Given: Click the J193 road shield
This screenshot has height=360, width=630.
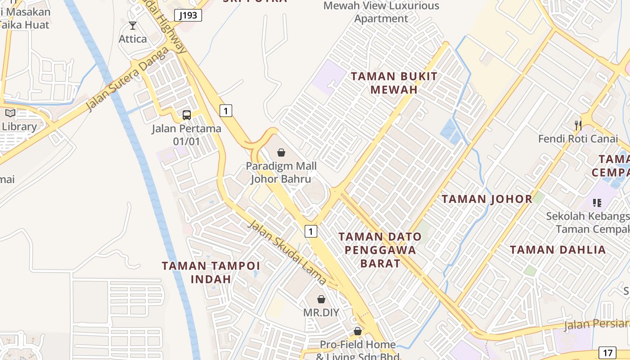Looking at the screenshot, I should click(188, 15).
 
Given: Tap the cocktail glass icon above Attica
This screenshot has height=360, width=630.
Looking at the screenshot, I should click(132, 26).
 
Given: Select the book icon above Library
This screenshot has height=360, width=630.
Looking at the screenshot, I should click(10, 113).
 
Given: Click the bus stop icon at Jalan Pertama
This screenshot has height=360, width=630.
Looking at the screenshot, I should click(187, 115).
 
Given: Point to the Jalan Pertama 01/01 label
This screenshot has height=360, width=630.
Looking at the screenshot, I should click(186, 135).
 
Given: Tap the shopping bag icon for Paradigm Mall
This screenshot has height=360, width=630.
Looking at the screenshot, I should click(281, 153).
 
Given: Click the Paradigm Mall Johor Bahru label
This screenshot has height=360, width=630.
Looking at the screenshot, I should click(281, 172).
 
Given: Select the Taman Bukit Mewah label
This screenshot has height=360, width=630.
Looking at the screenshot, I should click(394, 83).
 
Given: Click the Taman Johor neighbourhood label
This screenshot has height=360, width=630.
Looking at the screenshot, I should click(487, 199).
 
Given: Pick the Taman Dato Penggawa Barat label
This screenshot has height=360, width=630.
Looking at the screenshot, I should click(380, 250).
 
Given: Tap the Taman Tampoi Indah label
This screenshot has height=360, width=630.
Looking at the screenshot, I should click(211, 272).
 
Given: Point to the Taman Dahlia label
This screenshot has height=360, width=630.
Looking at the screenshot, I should click(558, 250).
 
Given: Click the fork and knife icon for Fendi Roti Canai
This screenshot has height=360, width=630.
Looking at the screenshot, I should click(578, 125).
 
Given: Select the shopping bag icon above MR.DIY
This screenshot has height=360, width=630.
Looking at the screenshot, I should click(321, 299).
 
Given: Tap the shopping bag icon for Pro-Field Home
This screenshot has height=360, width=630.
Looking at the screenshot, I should click(358, 331).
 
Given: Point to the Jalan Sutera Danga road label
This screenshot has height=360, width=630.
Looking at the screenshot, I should click(128, 79).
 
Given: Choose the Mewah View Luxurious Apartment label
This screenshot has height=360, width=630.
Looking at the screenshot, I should click(381, 12).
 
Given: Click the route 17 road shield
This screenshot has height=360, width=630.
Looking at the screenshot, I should click(607, 352).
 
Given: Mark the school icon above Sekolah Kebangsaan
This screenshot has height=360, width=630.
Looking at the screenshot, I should click(597, 203).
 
